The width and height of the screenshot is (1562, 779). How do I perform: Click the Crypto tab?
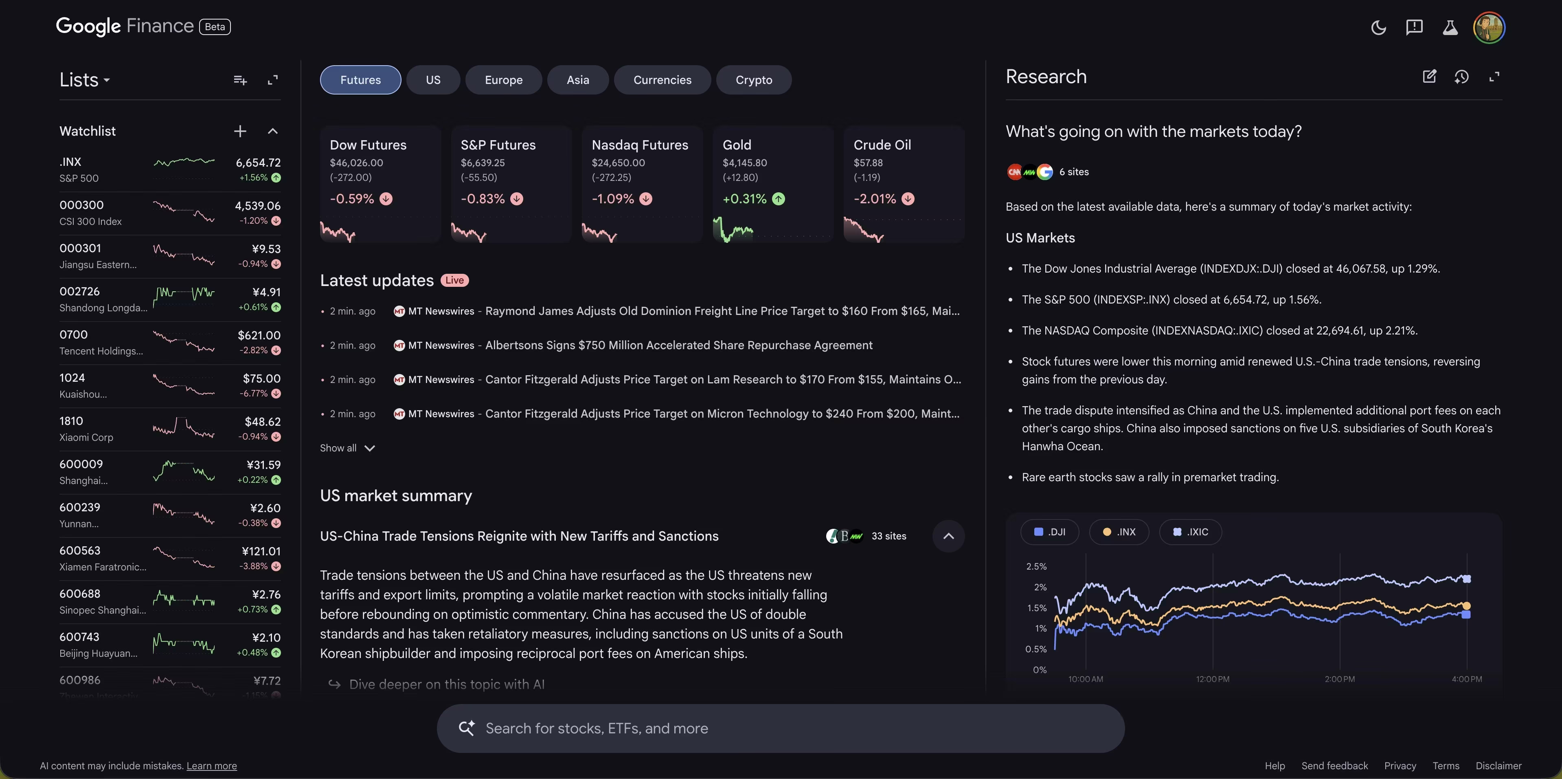click(754, 80)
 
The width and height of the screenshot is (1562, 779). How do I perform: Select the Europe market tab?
click(503, 80)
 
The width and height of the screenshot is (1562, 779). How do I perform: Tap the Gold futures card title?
click(737, 145)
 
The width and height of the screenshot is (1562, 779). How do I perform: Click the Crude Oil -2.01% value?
click(874, 199)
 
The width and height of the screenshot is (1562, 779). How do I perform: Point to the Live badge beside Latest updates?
click(454, 280)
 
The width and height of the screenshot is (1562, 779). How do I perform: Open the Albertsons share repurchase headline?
click(678, 345)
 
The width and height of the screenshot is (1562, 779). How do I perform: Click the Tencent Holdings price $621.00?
click(259, 335)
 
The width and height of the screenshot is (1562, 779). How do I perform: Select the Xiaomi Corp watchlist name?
click(86, 438)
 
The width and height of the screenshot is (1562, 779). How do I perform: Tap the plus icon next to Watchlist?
click(240, 131)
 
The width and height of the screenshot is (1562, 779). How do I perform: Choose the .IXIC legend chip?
click(1190, 532)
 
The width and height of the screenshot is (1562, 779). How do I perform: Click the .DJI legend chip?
click(1050, 532)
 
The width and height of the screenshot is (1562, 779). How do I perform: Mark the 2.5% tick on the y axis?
click(1036, 567)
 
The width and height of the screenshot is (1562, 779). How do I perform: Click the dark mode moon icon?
click(1378, 27)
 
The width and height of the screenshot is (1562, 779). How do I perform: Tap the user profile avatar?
click(1489, 27)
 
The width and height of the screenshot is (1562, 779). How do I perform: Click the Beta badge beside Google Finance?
click(215, 27)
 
